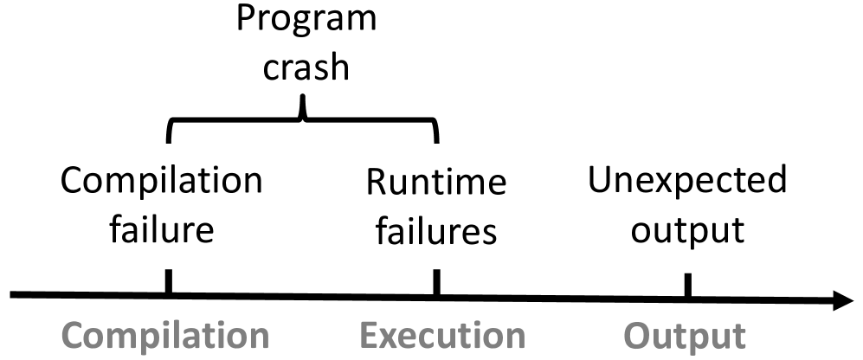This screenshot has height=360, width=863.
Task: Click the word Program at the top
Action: pyautogui.click(x=306, y=19)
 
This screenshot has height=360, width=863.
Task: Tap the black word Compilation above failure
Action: pyautogui.click(x=162, y=183)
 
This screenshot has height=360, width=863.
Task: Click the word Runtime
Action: pyautogui.click(x=435, y=183)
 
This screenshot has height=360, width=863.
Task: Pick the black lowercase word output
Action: pyautogui.click(x=687, y=230)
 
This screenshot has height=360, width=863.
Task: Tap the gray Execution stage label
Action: pyautogui.click(x=442, y=336)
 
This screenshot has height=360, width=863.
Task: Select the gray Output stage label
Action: pyautogui.click(x=685, y=336)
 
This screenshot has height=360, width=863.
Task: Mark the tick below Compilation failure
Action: pyautogui.click(x=168, y=283)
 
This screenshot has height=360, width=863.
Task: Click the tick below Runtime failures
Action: pyautogui.click(x=436, y=283)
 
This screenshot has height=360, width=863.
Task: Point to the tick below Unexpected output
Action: pyautogui.click(x=687, y=286)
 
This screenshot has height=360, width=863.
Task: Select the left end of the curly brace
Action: pyautogui.click(x=168, y=138)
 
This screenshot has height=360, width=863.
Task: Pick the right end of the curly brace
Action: pyautogui.click(x=437, y=138)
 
